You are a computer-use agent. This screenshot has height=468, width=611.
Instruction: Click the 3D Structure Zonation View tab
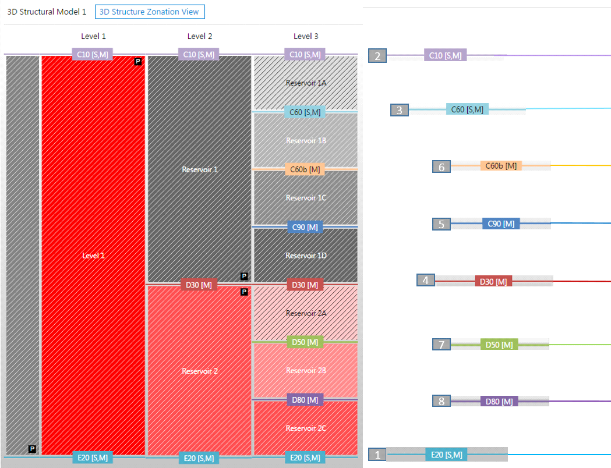(150, 12)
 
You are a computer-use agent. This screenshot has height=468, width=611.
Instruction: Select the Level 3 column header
(305, 36)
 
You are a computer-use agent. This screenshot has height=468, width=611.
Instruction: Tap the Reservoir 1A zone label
(306, 83)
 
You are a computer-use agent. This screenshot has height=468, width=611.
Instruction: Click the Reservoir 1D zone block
(306, 256)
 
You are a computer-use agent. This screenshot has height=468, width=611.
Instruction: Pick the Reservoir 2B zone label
(306, 370)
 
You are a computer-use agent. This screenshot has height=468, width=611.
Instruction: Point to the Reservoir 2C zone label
(306, 428)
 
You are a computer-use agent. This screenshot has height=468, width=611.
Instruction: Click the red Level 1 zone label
(93, 255)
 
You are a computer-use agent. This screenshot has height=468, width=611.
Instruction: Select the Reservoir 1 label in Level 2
(199, 169)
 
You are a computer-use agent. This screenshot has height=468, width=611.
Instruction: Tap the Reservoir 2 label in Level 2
(199, 371)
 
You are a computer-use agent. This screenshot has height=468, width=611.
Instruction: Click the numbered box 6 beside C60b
(442, 167)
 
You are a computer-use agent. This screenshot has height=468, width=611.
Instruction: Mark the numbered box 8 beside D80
(442, 401)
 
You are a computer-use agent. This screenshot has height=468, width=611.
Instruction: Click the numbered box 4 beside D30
(426, 281)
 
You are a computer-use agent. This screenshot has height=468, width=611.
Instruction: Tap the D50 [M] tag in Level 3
(305, 342)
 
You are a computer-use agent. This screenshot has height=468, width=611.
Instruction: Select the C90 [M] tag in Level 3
(305, 227)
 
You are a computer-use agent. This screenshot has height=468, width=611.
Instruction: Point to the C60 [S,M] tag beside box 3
(467, 109)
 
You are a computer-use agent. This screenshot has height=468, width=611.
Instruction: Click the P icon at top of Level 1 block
(138, 61)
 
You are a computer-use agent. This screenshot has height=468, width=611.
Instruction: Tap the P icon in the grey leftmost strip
(32, 449)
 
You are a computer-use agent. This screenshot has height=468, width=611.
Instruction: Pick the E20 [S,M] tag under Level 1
(93, 458)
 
